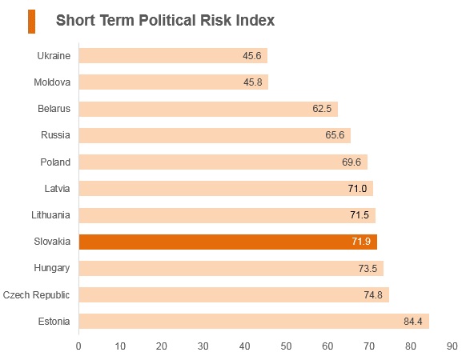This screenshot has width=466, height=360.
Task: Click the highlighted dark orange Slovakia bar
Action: click(228, 242)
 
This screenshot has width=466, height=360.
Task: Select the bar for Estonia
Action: click(254, 321)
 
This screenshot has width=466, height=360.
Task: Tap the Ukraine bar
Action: click(173, 55)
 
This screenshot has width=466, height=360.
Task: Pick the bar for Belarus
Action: click(208, 109)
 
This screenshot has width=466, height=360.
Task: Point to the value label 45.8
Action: click(252, 82)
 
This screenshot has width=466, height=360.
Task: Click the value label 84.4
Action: click(413, 322)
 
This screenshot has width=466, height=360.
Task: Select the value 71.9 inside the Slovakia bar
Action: click(361, 241)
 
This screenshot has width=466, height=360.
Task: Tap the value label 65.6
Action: click(335, 135)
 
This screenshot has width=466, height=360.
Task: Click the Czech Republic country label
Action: click(36, 295)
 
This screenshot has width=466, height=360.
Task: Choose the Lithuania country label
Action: click(50, 214)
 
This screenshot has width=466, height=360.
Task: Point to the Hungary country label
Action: click(52, 268)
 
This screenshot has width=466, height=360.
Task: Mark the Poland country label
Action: click(55, 162)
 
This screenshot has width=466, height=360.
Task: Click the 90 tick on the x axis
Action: click(452, 346)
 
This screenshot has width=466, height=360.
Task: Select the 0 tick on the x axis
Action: click(78, 346)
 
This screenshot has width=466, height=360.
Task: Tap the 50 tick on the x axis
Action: click(286, 346)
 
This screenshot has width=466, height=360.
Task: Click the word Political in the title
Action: click(167, 21)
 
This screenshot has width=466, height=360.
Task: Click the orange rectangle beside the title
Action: click(31, 22)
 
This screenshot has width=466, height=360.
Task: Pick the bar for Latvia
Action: click(226, 188)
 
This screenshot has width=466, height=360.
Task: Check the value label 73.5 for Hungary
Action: click(368, 269)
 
